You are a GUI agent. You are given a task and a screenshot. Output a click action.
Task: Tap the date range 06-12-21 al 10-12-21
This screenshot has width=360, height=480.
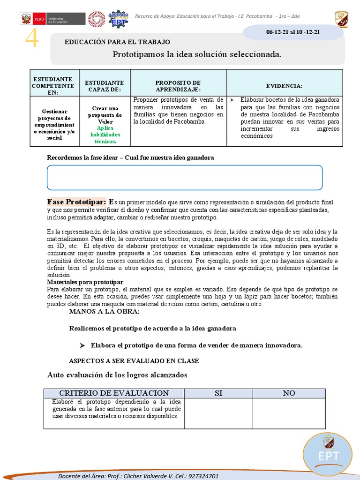293,31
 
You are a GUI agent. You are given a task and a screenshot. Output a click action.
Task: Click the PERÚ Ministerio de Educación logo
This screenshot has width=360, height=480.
53,19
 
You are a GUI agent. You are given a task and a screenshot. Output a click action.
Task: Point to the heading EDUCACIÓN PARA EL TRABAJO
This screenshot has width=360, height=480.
117,42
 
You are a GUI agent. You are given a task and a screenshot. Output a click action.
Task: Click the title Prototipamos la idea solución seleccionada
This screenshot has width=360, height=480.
197,54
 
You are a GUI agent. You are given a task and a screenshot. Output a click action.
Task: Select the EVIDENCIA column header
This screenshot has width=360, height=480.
285,86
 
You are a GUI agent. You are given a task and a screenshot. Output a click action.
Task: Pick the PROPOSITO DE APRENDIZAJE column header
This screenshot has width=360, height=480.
178,86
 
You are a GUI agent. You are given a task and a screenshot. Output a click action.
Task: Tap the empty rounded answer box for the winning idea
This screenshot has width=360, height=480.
185,177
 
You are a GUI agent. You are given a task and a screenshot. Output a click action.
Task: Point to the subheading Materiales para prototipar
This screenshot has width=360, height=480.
85,282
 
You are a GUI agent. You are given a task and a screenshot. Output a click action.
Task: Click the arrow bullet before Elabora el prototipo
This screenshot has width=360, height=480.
82,345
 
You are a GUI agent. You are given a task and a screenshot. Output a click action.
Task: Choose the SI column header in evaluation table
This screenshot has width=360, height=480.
218,393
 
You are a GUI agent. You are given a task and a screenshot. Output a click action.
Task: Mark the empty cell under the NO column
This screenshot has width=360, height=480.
289,413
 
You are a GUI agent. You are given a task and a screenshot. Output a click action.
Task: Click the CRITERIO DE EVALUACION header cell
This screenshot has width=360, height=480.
114,393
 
